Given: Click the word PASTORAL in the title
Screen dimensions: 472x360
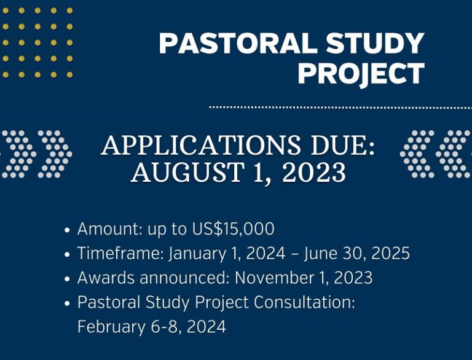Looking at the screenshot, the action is (x=238, y=43).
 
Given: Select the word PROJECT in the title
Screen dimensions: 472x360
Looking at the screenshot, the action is (x=361, y=73).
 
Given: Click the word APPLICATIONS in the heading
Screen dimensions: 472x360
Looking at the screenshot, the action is (x=201, y=145).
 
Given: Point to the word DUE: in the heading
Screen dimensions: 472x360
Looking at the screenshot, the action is (x=343, y=145).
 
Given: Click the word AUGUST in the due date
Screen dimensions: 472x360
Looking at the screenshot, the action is (x=187, y=171).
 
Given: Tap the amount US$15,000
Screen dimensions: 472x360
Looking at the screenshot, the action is (x=234, y=229).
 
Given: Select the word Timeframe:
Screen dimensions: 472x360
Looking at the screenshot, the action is (x=120, y=253).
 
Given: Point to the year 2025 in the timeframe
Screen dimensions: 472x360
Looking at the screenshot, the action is (x=390, y=253).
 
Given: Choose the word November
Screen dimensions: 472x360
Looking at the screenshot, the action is (x=273, y=278).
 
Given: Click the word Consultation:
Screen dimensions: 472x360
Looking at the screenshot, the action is (x=304, y=302).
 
